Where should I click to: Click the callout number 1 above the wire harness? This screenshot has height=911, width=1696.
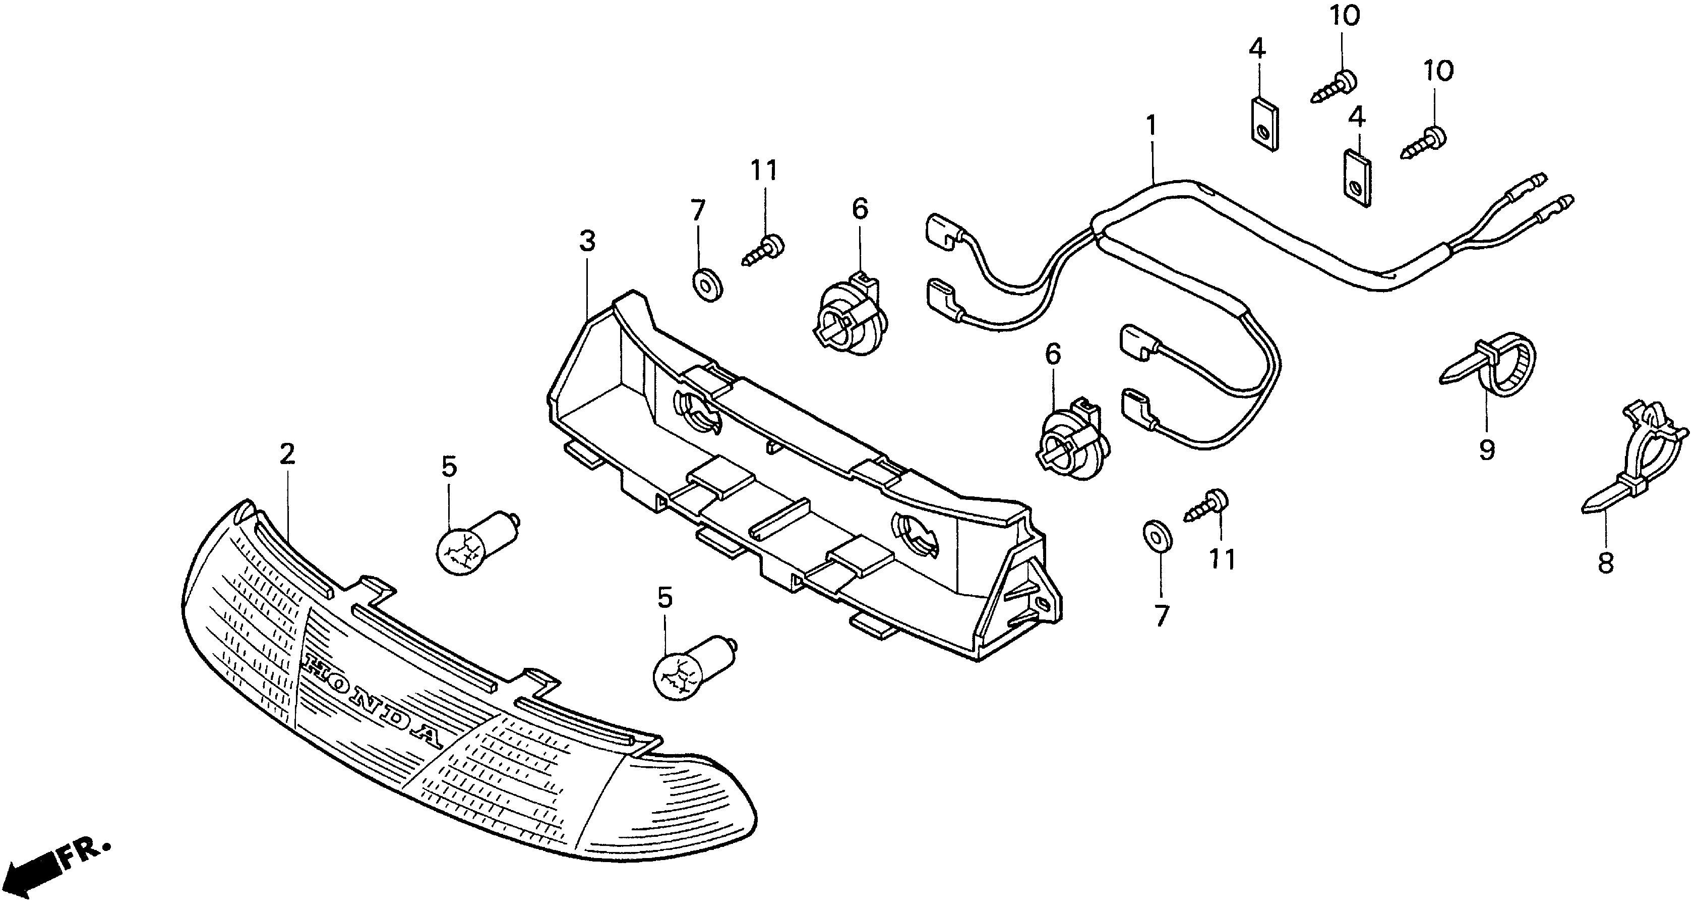tap(1151, 126)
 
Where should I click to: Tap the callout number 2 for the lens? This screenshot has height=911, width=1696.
tap(286, 454)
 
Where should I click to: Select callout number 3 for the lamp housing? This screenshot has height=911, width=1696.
tap(587, 241)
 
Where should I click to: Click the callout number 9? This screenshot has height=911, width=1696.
tap(1487, 450)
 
